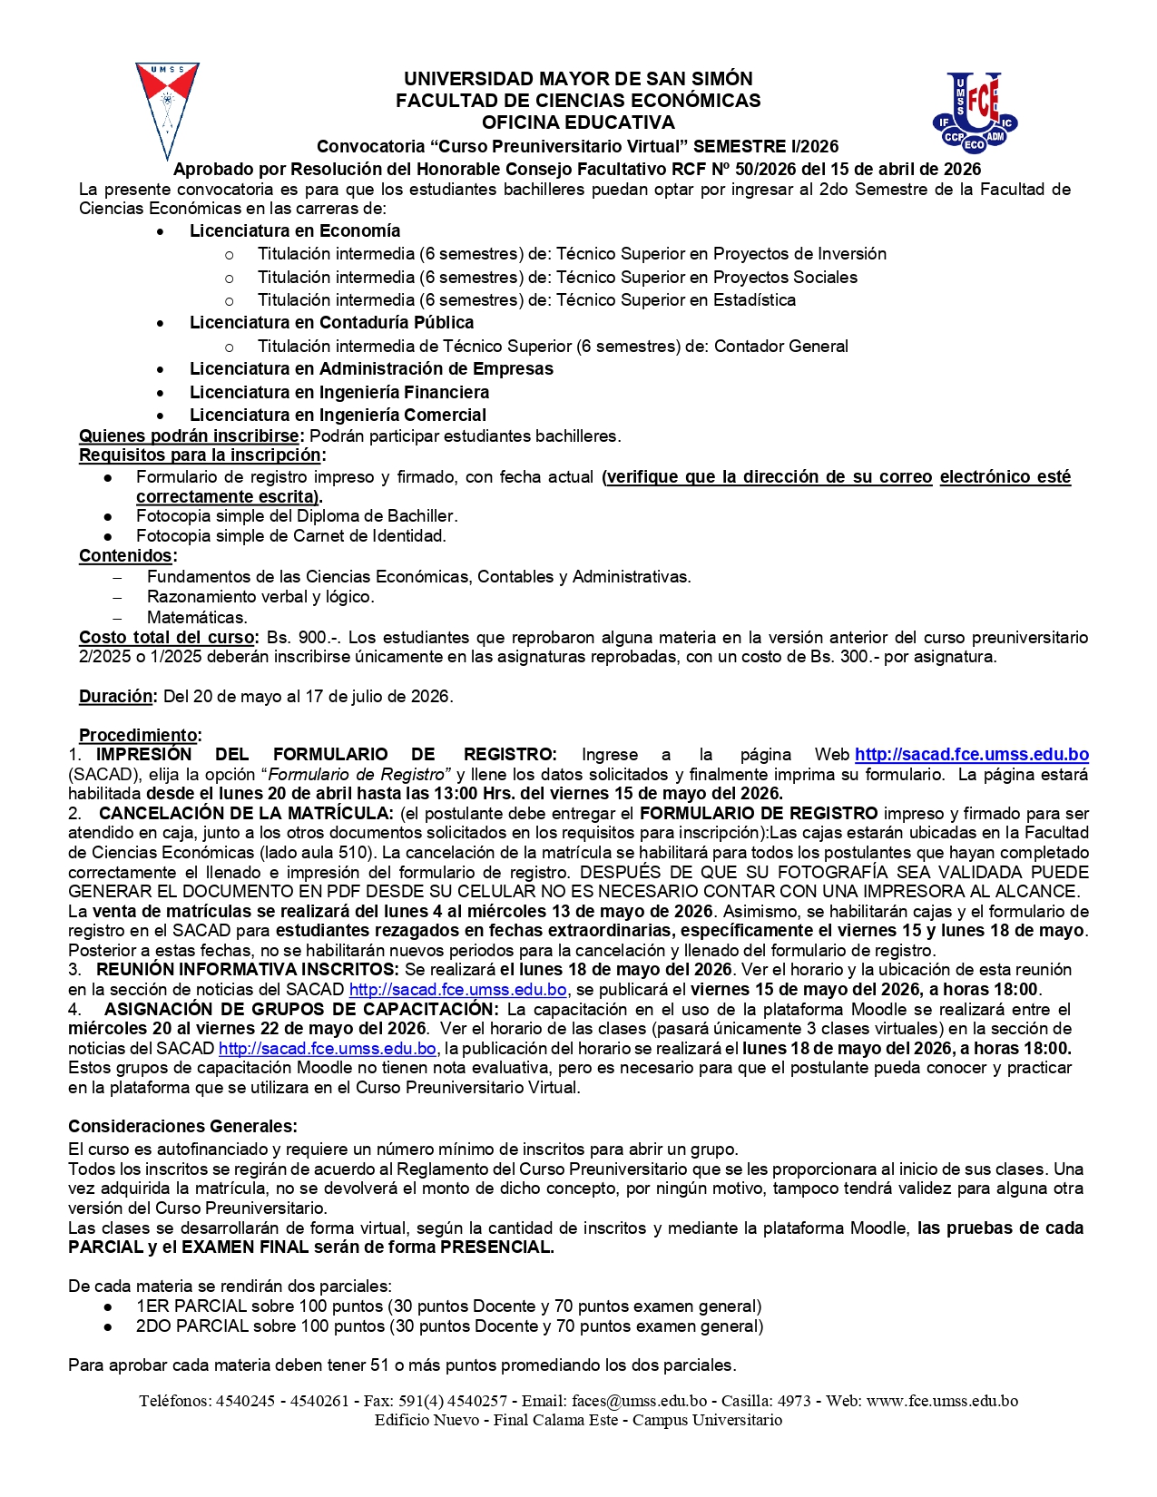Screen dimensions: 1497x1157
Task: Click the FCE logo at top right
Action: click(976, 113)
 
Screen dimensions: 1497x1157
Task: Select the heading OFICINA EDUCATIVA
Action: click(578, 122)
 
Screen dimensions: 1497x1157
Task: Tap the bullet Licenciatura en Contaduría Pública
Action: click(331, 323)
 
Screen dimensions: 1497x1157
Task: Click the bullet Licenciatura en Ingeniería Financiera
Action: click(338, 392)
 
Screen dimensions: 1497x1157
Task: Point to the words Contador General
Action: click(780, 346)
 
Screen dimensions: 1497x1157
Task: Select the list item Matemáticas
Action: click(197, 618)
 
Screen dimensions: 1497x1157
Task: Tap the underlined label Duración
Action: click(116, 697)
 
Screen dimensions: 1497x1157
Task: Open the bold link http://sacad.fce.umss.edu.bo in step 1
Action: click(971, 755)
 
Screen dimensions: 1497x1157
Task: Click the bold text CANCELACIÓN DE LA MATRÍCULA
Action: click(246, 814)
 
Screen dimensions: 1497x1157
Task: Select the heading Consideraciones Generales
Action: click(182, 1127)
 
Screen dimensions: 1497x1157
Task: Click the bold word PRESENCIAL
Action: click(496, 1247)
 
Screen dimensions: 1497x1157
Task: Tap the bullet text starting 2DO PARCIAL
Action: click(449, 1326)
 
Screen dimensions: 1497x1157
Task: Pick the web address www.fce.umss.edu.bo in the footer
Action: click(942, 1401)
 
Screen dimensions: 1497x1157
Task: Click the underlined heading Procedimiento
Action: click(139, 735)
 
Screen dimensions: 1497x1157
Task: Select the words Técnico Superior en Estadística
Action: click(675, 300)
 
